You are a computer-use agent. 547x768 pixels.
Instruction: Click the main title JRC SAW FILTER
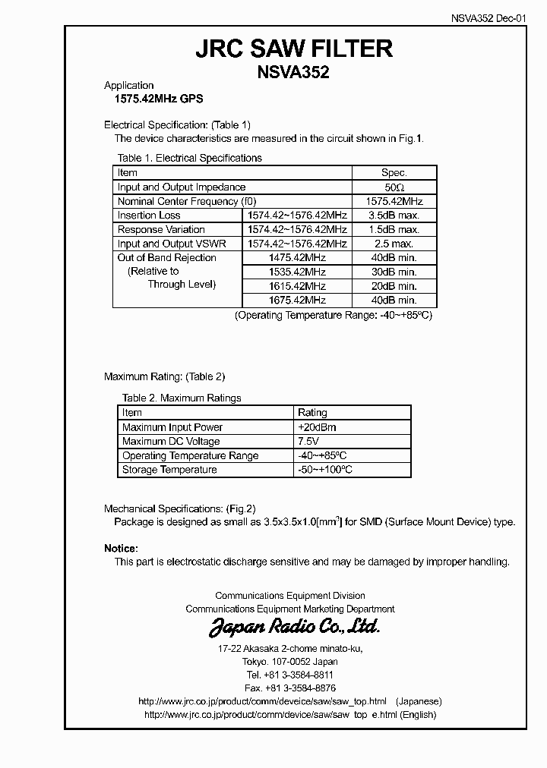click(294, 49)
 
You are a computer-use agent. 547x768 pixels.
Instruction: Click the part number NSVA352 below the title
click(294, 72)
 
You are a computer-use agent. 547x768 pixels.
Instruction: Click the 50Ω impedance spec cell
click(394, 187)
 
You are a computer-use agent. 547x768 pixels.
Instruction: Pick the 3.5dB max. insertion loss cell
click(394, 216)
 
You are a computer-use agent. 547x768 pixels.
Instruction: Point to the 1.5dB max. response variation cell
click(394, 229)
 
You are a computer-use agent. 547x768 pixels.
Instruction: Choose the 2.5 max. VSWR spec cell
click(394, 244)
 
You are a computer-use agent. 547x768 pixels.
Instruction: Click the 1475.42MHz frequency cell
click(297, 258)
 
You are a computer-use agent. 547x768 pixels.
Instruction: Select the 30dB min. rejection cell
click(394, 272)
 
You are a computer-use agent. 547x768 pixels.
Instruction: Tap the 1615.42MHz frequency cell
click(297, 286)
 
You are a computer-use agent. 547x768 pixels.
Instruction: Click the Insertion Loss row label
click(149, 216)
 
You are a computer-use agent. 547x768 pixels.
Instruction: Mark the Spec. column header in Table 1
click(394, 172)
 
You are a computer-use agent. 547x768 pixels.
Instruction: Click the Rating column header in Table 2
click(312, 413)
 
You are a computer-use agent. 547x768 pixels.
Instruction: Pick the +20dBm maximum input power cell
click(317, 427)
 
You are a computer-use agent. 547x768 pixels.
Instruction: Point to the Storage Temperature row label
click(169, 470)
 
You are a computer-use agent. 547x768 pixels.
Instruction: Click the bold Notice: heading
click(121, 548)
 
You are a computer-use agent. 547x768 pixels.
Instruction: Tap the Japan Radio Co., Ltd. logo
click(294, 628)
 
